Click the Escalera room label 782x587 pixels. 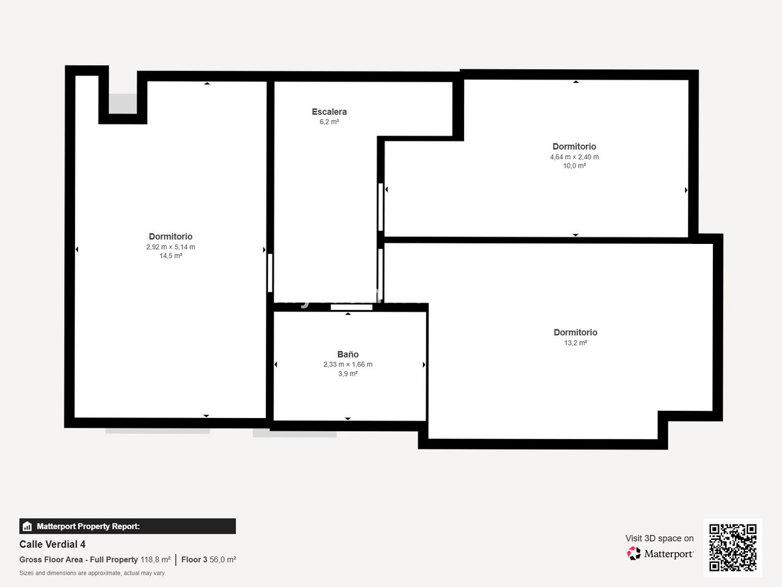coord(329,112)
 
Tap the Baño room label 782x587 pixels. coord(347,354)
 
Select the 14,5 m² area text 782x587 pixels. coord(171,256)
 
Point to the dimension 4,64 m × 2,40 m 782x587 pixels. coord(574,157)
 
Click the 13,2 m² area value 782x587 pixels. coord(575,342)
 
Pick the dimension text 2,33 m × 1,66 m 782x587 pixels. coord(347,365)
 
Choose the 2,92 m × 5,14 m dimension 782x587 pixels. coord(171,247)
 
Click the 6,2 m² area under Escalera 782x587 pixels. coord(329,122)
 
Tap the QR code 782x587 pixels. coord(732,547)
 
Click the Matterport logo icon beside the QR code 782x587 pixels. coord(633,554)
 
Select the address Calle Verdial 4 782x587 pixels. coord(52,545)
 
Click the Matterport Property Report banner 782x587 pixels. coord(128,526)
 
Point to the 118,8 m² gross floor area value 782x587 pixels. coord(155,560)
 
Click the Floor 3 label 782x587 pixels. coord(194,560)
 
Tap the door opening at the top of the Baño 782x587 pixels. coord(351,307)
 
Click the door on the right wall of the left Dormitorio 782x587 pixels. coord(270,273)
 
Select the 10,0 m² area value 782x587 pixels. coord(574,166)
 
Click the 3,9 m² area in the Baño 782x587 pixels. coord(347,374)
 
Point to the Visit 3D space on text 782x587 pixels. coord(659,538)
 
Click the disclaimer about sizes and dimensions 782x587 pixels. coord(92,573)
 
